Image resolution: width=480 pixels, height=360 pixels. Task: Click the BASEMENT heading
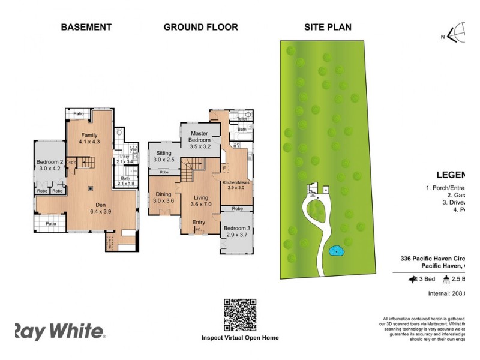coord(86,27)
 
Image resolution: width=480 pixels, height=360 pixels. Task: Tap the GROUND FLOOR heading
coord(200,27)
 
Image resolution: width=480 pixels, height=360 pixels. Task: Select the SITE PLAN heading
coord(328,27)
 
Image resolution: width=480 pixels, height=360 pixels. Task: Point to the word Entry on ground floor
coord(199,223)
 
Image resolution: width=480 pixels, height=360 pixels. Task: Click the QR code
coord(240,314)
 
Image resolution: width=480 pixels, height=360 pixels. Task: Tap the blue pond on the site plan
coord(337,250)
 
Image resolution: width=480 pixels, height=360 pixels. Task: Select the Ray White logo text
coord(59,332)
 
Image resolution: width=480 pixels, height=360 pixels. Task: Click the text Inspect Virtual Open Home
coord(240,338)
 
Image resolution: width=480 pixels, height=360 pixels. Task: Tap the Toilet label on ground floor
coord(242,119)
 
